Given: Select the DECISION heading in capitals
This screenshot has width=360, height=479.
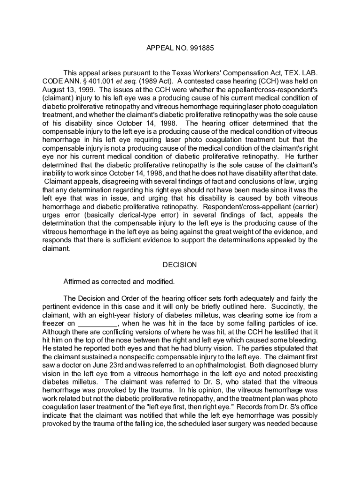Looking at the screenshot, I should coord(180,265).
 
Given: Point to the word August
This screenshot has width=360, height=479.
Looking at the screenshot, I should coord(54,90).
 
